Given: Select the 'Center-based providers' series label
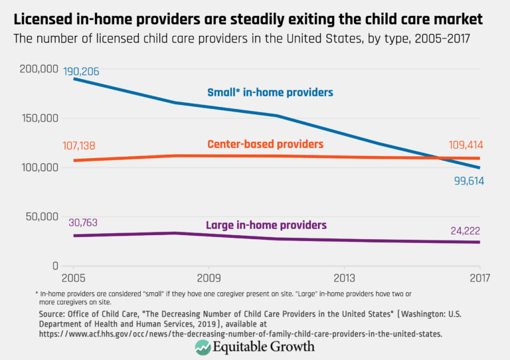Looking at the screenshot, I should tap(265, 144).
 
